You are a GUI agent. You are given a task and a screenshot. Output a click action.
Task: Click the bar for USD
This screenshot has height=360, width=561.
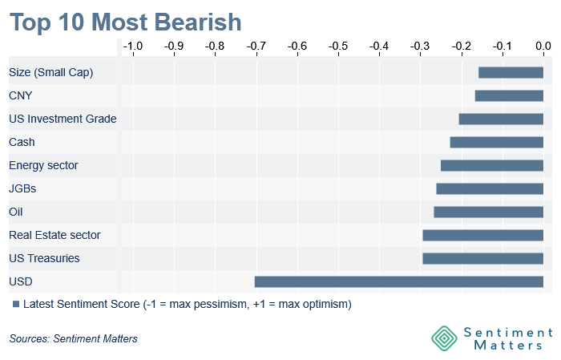399,281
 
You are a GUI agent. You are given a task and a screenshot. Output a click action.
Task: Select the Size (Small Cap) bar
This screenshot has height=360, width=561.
511,72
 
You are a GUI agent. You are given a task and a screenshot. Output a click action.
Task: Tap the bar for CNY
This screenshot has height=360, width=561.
509,95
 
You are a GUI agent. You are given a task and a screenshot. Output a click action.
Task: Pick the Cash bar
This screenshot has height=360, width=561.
497,142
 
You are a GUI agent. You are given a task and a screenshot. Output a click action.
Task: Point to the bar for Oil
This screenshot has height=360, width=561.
489,212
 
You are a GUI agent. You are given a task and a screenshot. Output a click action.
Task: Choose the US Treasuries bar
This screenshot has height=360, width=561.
483,258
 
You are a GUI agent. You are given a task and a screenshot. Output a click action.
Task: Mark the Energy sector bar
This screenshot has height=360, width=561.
492,165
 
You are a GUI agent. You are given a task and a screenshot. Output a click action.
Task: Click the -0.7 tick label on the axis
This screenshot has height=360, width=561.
256,47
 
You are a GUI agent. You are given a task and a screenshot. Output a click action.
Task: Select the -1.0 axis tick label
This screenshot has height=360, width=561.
133,47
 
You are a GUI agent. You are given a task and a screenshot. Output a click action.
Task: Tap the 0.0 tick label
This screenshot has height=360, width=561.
543,47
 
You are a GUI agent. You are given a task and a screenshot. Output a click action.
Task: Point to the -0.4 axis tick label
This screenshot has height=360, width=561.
379,47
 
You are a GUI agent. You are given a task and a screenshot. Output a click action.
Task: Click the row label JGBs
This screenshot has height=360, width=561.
22,188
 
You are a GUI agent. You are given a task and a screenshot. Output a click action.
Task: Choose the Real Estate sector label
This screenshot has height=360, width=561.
54,235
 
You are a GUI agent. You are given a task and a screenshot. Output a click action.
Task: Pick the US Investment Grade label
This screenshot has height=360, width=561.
63,119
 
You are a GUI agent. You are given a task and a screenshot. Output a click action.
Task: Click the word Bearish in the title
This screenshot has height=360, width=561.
198,22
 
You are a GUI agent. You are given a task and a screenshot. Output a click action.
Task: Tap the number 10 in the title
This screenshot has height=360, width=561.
71,22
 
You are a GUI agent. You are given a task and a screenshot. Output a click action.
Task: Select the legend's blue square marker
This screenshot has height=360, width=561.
16,304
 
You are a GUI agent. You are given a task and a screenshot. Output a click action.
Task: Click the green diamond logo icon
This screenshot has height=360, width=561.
444,338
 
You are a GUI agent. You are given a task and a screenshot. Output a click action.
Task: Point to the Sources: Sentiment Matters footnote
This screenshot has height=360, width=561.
74,338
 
